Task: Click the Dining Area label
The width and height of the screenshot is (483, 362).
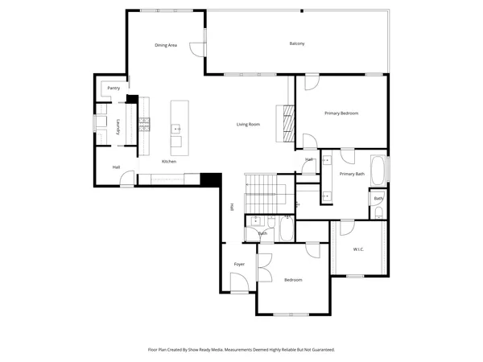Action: (166, 45)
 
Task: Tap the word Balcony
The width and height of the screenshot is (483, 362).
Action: (297, 43)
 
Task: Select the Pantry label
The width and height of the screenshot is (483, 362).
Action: (114, 87)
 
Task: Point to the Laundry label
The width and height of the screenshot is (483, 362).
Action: (118, 126)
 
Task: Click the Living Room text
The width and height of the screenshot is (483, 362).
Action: (248, 124)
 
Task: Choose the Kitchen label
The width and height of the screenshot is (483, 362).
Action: (169, 162)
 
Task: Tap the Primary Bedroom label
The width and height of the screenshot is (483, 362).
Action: (341, 113)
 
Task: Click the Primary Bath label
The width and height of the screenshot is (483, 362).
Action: (352, 174)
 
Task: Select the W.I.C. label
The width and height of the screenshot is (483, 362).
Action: (359, 249)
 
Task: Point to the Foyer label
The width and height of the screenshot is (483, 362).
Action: (239, 264)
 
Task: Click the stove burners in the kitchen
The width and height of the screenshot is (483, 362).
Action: (145, 123)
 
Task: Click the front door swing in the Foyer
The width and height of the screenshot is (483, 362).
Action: (239, 282)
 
